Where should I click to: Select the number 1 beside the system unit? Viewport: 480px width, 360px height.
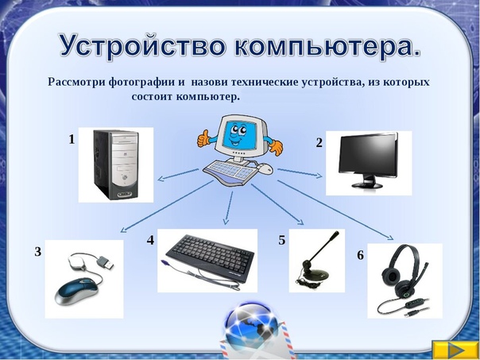[x=72, y=140]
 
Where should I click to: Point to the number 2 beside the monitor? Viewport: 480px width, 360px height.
[x=319, y=143]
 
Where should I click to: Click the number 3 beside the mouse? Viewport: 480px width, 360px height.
[x=37, y=252]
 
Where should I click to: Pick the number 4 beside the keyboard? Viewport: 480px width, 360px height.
[x=150, y=240]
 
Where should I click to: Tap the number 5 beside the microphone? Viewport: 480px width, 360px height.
[x=281, y=240]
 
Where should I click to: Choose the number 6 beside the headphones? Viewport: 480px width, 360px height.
[x=361, y=255]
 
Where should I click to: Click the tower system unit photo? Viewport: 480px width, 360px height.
[x=116, y=165]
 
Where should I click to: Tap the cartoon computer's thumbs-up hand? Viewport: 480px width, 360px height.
[x=204, y=138]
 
